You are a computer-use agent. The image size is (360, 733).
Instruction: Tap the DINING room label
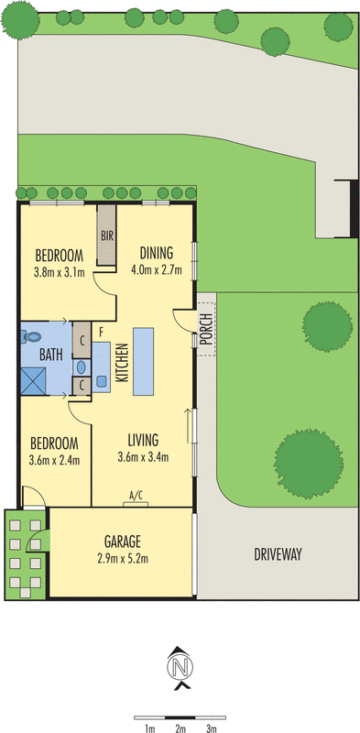click(157, 254)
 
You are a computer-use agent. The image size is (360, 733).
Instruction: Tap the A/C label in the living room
click(136, 496)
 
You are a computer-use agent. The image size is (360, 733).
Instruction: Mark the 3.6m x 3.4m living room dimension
click(144, 457)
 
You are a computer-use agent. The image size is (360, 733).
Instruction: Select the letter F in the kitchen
click(101, 329)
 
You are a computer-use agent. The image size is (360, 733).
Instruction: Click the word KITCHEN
click(119, 363)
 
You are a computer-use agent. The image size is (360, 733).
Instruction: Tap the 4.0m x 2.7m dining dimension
click(157, 270)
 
